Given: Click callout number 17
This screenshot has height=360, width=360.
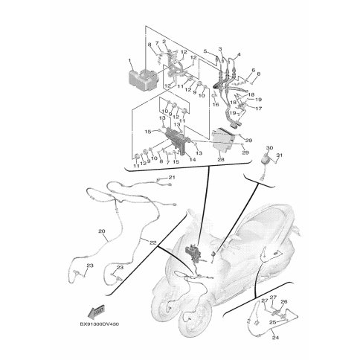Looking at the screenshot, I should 259,107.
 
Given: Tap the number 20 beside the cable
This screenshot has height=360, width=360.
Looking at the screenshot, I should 102,231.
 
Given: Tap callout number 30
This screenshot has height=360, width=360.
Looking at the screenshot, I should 269,148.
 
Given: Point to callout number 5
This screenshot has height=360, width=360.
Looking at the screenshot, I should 206,50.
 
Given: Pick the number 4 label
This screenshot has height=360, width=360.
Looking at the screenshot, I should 238,54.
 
